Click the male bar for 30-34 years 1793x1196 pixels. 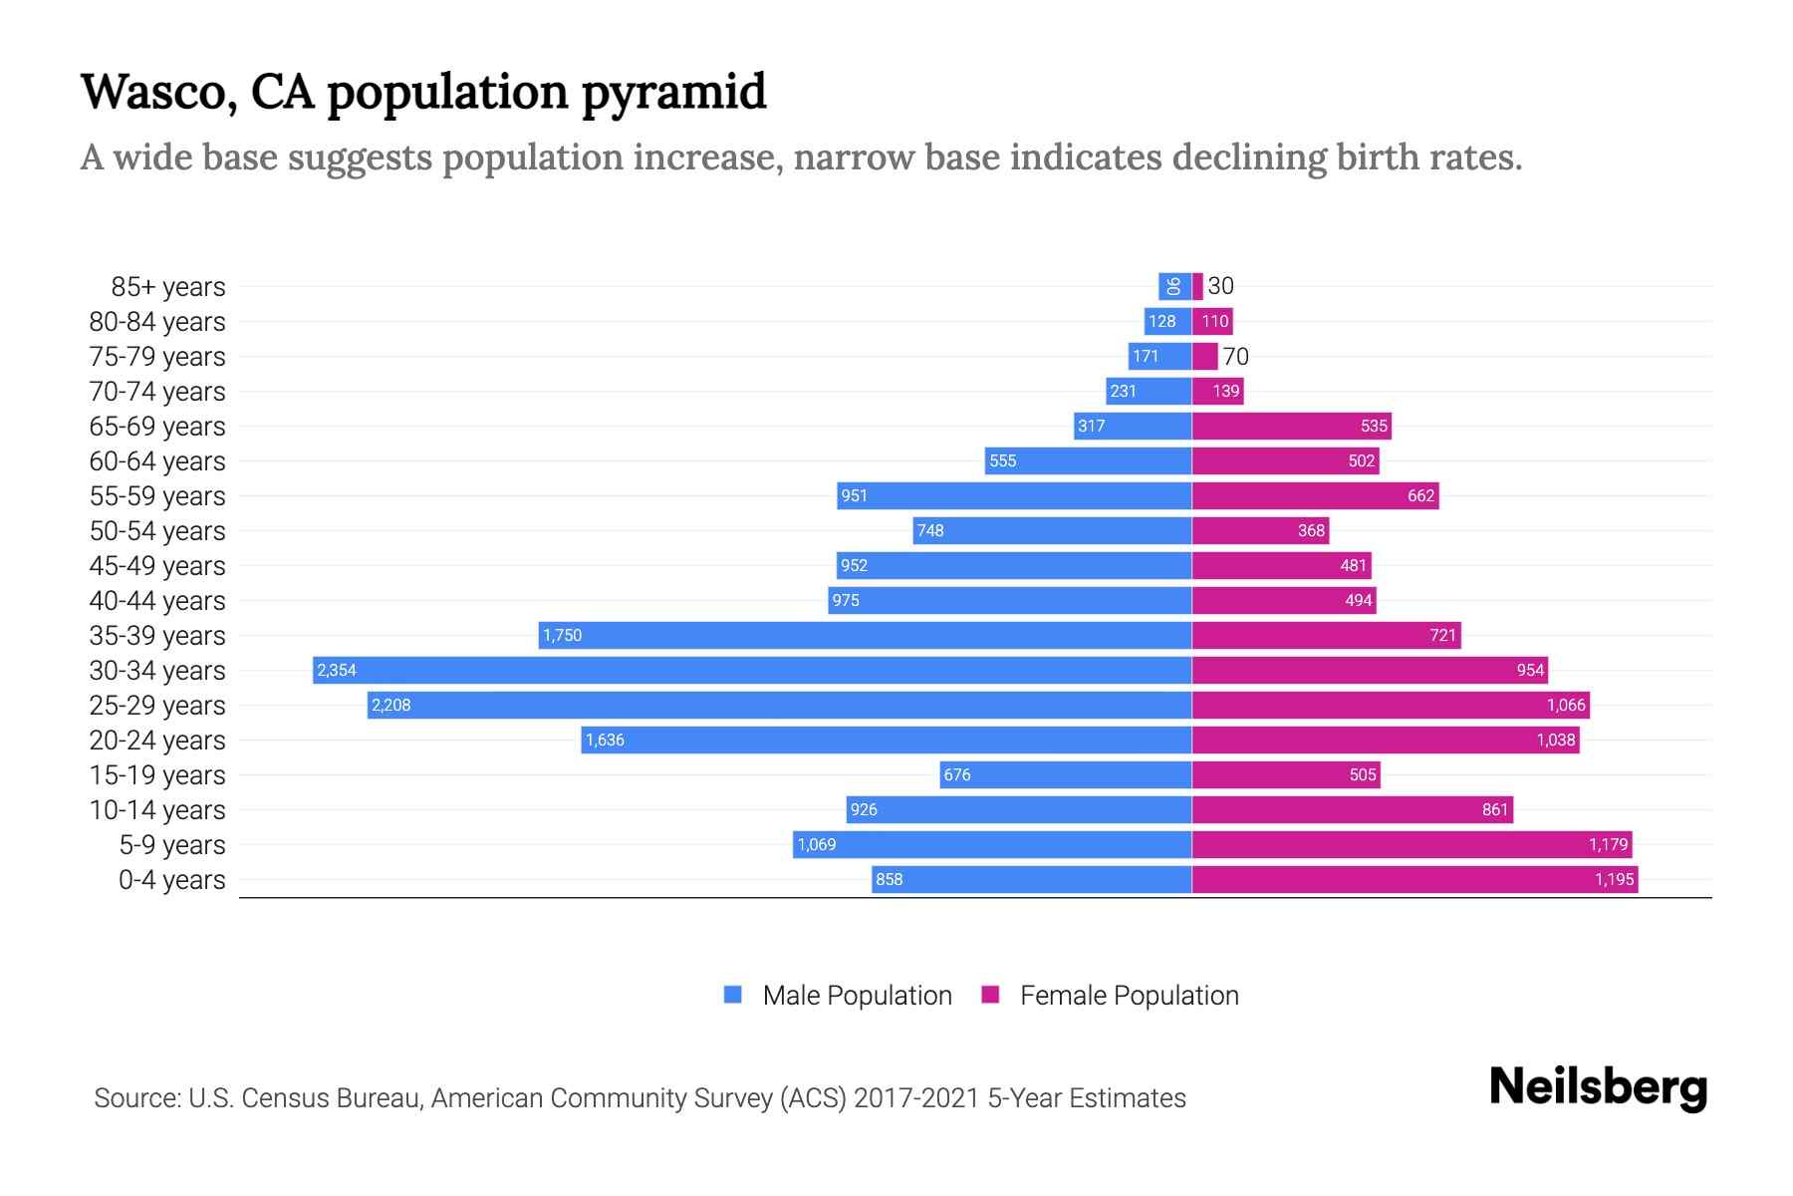752,670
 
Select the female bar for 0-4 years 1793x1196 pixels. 1414,879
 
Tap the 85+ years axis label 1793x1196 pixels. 168,287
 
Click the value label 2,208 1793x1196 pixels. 391,705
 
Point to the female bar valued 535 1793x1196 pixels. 1291,426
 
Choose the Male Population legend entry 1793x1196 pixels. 857,996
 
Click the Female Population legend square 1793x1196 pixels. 990,995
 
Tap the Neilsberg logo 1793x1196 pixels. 1598,1087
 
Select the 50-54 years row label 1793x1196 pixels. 157,531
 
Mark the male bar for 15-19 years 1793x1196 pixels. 1066,774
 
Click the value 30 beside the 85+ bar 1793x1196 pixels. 1220,286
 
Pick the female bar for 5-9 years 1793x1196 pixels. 1411,844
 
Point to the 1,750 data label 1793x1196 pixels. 563,635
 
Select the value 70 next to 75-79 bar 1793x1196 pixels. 1235,357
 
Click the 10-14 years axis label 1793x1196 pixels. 157,810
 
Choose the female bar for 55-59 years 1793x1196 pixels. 1315,495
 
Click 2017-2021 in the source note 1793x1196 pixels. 916,1098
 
